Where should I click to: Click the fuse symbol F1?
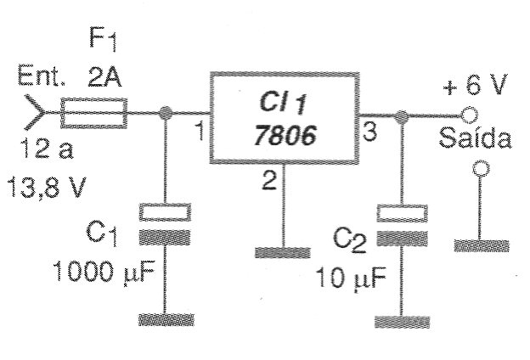click(95, 111)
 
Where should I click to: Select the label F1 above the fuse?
click(100, 40)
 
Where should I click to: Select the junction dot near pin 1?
click(165, 111)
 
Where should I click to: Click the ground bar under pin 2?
click(284, 252)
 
